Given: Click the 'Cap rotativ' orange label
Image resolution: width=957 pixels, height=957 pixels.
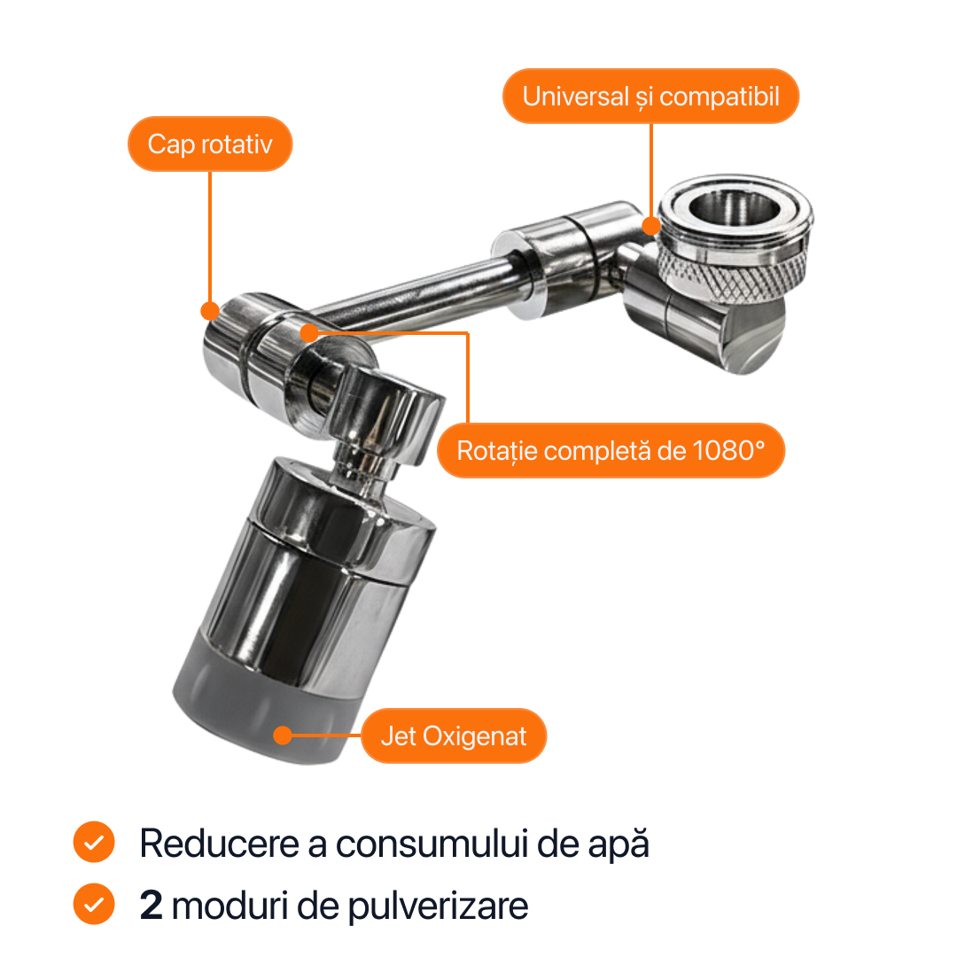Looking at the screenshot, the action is pos(210,144).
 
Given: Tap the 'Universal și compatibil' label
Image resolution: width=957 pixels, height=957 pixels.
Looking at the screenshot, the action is pos(650,97).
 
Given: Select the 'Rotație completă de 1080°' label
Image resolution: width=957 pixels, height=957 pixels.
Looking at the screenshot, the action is pos(611,450).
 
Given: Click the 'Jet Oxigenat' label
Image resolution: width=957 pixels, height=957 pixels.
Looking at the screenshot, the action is pos(454,736).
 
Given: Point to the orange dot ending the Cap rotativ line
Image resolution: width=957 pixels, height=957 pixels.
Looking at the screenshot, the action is pos(210,311).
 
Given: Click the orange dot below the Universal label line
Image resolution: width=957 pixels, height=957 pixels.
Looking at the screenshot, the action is pos(651,227).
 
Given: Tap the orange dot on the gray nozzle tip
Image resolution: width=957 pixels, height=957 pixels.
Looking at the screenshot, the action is pos(283,735).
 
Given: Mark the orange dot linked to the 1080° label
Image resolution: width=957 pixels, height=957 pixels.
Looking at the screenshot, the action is pos(309,333).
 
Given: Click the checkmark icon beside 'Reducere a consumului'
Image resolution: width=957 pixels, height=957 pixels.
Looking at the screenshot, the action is pos(94,843).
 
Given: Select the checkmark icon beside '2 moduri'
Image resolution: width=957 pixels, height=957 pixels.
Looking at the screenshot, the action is pos(94,904).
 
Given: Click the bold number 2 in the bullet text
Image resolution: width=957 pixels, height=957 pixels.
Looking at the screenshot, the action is pos(151,905).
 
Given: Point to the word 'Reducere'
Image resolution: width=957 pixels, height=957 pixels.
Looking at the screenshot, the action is pos(220,844).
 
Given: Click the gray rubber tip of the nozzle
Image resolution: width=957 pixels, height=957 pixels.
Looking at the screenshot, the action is pos(268,702).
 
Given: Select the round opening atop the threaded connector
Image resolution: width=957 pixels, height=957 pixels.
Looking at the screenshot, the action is pos(735,206).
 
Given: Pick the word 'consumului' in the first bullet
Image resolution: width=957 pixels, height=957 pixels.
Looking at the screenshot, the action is pos(432,844).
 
